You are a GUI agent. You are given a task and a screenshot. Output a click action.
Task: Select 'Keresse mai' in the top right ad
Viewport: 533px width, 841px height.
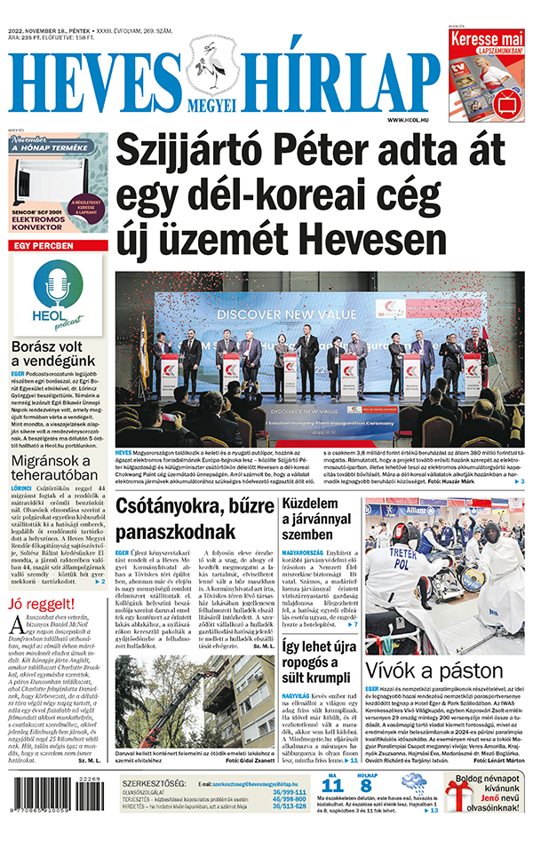click(x=488, y=41)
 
